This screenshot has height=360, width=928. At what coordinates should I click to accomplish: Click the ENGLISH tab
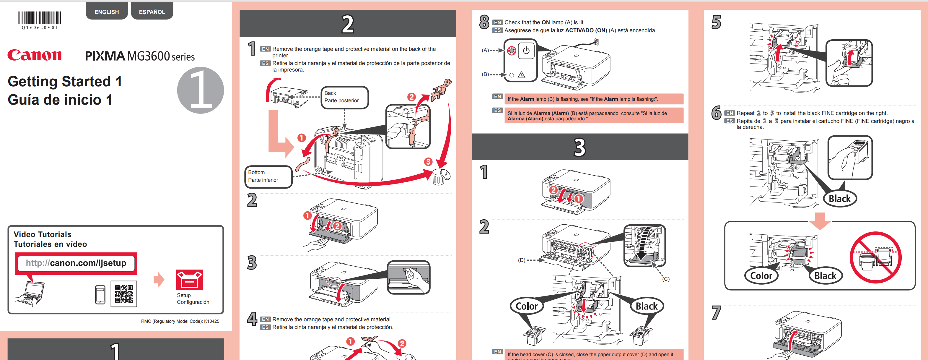click(x=107, y=12)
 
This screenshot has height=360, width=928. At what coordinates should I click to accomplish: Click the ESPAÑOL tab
click(x=152, y=12)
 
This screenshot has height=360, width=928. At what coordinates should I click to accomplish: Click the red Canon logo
click(x=35, y=55)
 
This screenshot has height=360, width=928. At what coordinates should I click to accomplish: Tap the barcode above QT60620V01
click(x=40, y=18)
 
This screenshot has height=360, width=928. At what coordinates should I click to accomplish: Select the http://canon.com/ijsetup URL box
click(x=76, y=263)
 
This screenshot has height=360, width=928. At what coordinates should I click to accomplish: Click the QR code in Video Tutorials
click(x=123, y=294)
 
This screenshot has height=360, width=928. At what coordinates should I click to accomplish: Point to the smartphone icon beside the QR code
click(x=100, y=294)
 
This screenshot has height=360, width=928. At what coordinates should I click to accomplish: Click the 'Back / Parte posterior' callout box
click(x=344, y=97)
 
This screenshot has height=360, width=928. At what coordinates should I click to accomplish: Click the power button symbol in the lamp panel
click(x=526, y=51)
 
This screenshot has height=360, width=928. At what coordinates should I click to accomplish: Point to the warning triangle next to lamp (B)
click(x=521, y=75)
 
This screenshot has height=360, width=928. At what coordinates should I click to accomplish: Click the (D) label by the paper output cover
click(x=521, y=260)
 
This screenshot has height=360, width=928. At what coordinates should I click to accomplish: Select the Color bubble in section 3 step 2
click(x=526, y=306)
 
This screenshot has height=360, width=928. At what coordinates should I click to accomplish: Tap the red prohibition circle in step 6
click(x=875, y=257)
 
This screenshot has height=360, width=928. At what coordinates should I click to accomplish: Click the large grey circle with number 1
click(x=200, y=90)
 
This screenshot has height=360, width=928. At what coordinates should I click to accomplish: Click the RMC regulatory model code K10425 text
click(x=180, y=321)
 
